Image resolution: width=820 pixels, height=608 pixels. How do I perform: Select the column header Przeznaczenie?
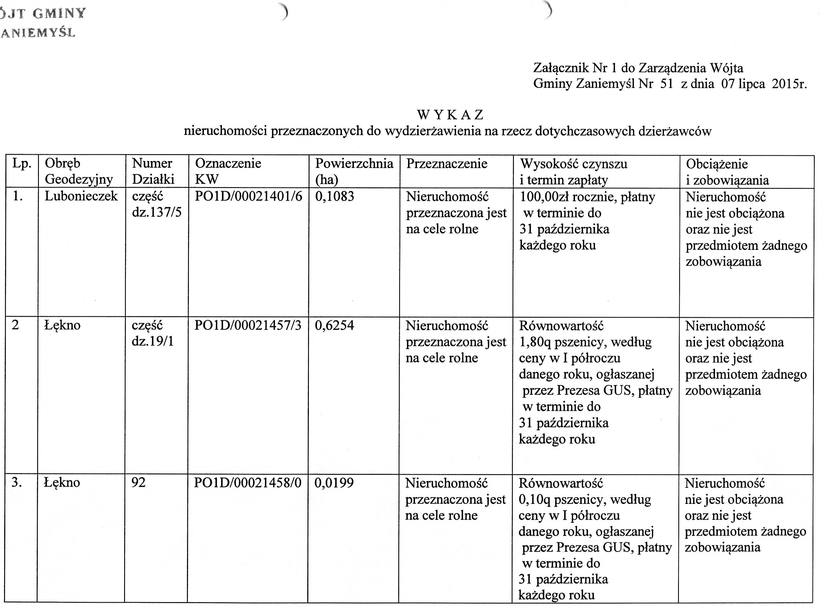tap(446, 164)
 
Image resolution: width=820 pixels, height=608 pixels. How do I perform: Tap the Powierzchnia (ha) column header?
tap(354, 171)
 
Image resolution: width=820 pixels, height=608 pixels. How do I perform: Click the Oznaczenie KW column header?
tap(228, 171)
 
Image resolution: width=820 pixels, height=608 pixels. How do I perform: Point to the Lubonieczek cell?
tap(81, 196)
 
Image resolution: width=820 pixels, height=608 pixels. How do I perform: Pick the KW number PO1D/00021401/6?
tap(248, 196)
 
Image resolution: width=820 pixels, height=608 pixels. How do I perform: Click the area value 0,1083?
tap(334, 196)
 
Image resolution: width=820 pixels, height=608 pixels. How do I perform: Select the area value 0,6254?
tap(334, 325)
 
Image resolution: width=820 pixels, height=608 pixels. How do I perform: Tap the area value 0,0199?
tap(334, 483)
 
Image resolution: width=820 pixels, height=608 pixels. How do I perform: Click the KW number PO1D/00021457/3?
tap(248, 325)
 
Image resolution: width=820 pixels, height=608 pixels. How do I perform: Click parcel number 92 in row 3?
tap(138, 483)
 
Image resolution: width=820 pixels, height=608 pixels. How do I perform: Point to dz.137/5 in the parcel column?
tap(156, 212)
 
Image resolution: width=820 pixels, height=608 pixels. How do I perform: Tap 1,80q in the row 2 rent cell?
tap(535, 342)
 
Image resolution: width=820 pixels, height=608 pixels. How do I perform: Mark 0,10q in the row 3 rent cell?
tap(534, 499)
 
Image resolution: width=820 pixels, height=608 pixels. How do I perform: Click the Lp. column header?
tap(21, 164)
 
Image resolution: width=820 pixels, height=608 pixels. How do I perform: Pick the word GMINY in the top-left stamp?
tap(59, 14)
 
